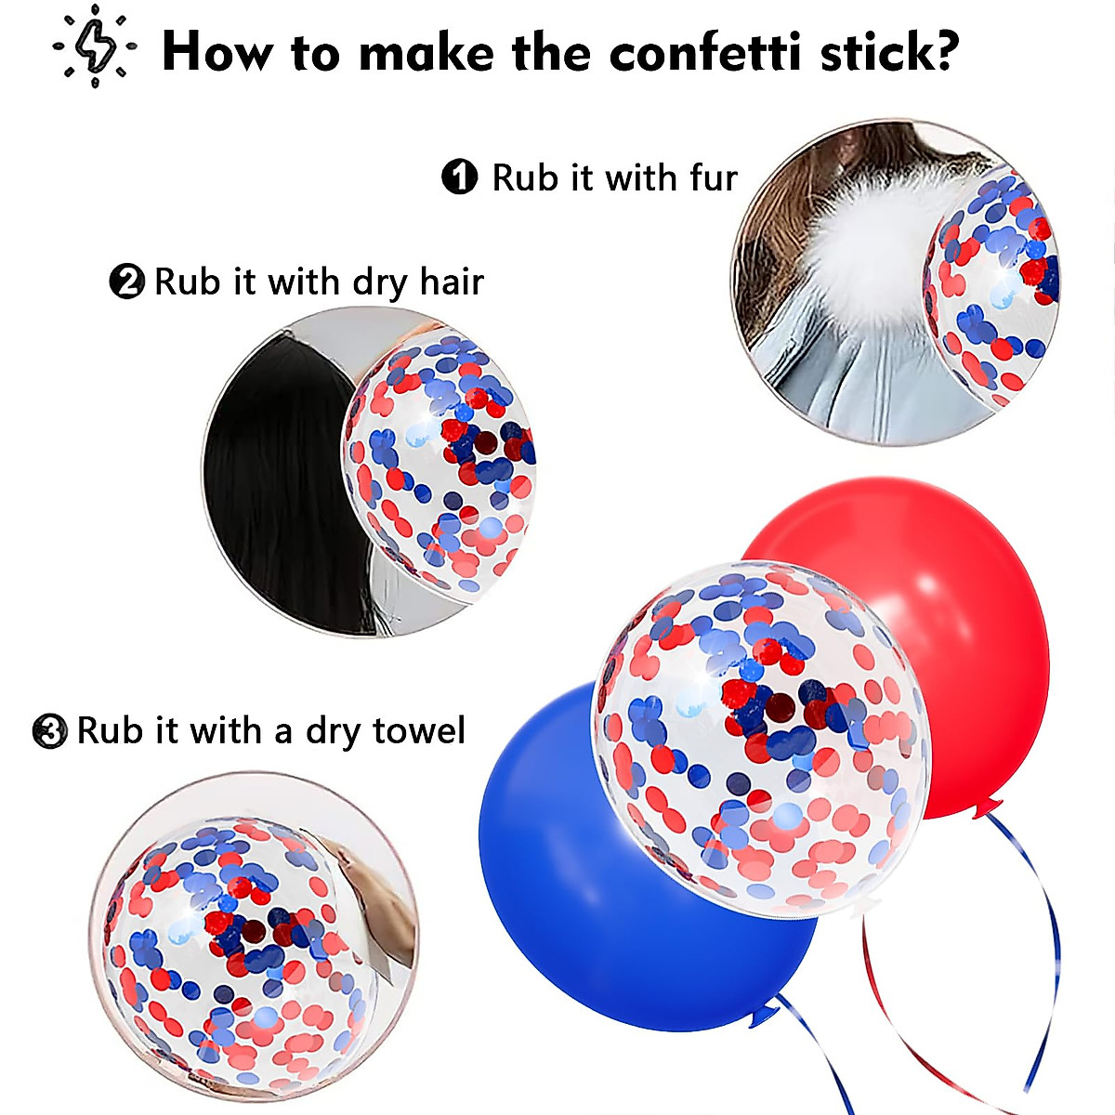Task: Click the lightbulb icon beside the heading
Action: [94, 46]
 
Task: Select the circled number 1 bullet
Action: [459, 177]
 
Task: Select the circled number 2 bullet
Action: [126, 281]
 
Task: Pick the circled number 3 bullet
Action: [49, 731]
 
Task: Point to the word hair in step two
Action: [451, 281]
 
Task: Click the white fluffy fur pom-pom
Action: [864, 242]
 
